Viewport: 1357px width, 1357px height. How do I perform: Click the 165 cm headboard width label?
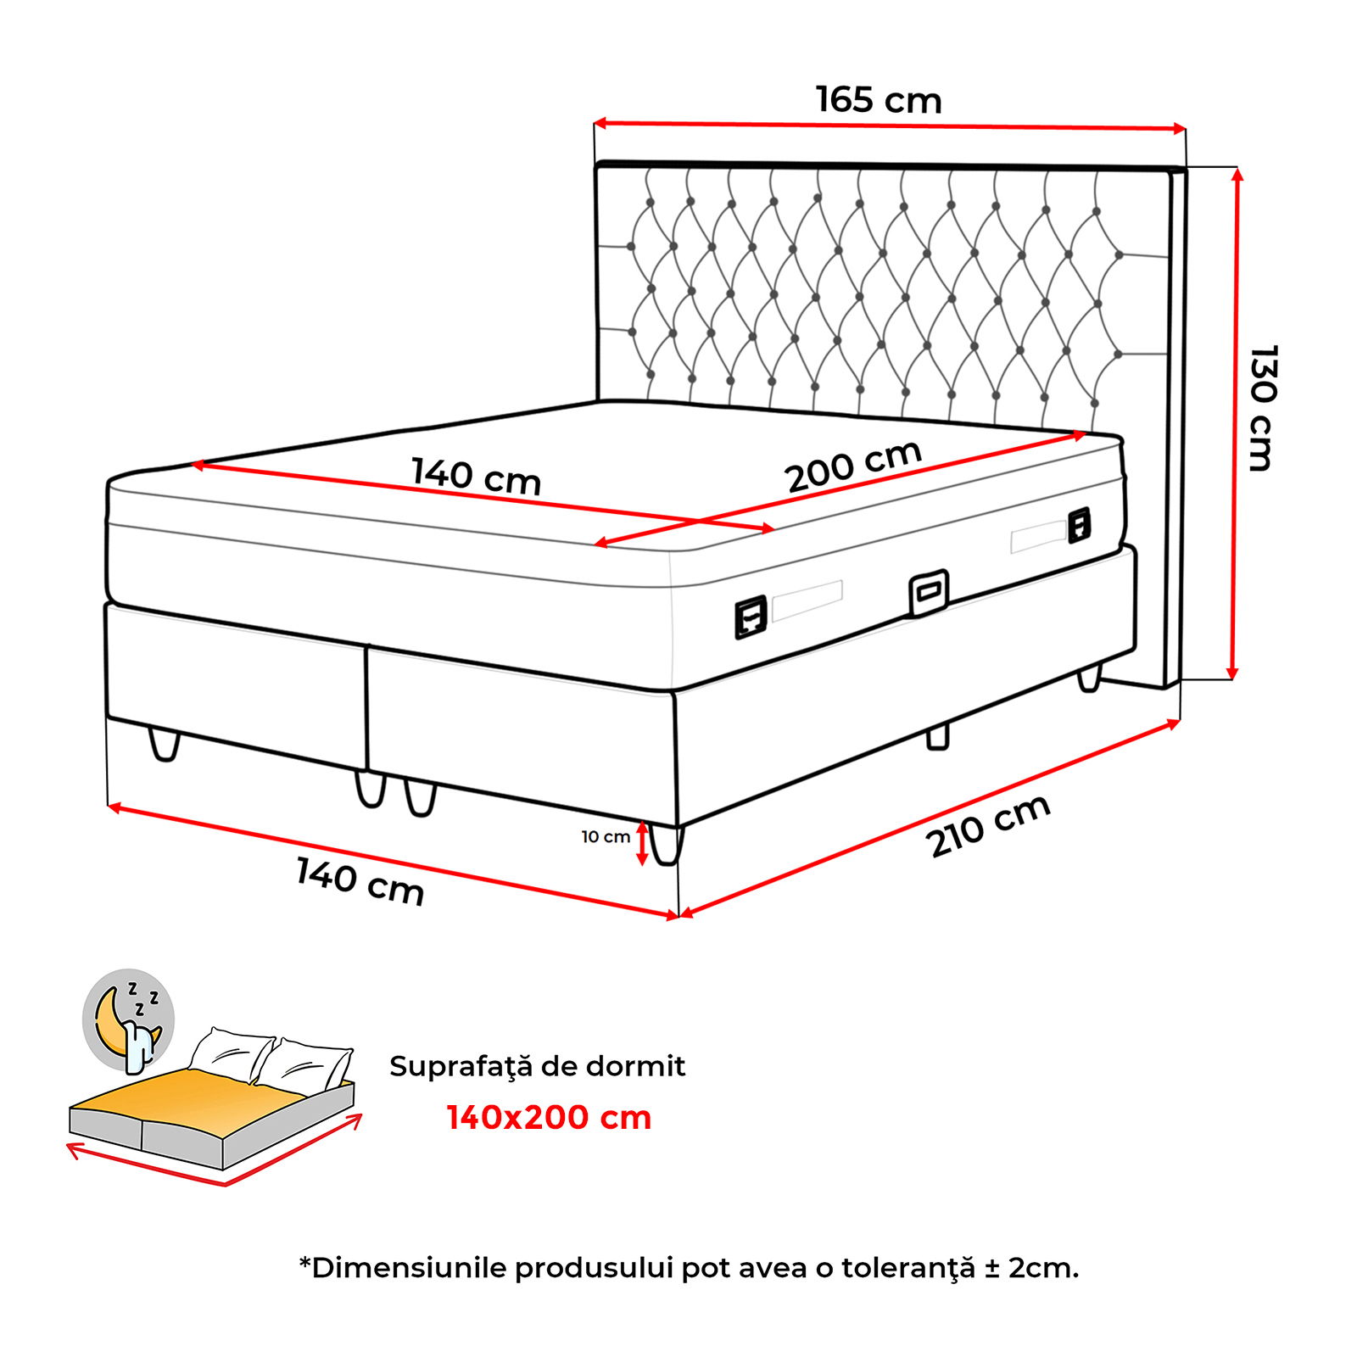tap(879, 99)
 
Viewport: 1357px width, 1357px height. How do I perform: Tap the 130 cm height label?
tap(1262, 407)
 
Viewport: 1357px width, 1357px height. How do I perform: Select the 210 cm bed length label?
tap(989, 826)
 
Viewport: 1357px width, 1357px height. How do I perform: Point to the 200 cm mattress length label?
tap(854, 466)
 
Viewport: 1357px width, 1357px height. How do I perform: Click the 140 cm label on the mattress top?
tap(476, 476)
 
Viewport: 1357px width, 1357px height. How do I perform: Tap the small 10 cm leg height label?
tap(606, 837)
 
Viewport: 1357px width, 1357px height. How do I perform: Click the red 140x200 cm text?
tap(549, 1118)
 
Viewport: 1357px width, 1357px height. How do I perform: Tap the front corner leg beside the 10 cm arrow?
tap(667, 844)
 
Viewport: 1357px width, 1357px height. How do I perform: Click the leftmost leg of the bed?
tap(165, 744)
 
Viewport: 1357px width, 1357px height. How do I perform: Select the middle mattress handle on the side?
tap(929, 592)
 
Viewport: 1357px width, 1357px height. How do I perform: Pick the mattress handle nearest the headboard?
tap(1079, 525)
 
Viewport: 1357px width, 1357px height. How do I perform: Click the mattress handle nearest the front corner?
tap(751, 617)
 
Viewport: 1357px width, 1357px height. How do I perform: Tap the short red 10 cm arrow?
tap(642, 844)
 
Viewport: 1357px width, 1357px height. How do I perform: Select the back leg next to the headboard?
tap(1089, 678)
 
